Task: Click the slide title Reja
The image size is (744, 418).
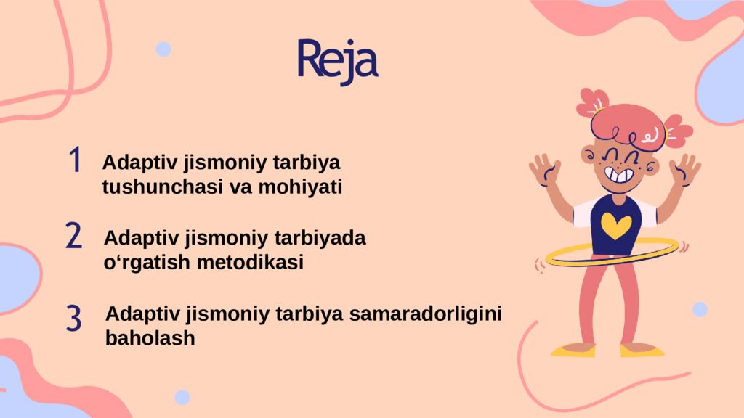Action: click(338, 60)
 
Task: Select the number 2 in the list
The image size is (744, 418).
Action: click(73, 236)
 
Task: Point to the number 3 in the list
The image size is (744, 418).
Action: click(73, 319)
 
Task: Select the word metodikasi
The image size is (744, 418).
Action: click(250, 263)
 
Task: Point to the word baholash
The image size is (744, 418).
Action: click(150, 338)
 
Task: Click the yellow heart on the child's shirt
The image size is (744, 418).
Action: click(616, 225)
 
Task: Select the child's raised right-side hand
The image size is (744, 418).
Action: click(684, 169)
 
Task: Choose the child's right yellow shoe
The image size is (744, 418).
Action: click(642, 351)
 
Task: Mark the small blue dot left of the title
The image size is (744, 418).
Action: click(163, 49)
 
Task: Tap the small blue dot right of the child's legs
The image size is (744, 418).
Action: click(700, 310)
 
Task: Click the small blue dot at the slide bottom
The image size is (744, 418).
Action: click(182, 397)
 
